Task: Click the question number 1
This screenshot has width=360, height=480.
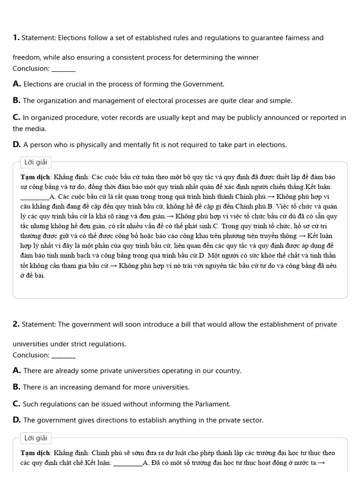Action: click(16, 37)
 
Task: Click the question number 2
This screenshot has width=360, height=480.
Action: click(16, 324)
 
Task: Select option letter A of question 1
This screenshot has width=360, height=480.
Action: click(17, 84)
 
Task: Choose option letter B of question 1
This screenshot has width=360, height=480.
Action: click(16, 100)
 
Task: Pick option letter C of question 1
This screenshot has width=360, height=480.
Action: click(16, 118)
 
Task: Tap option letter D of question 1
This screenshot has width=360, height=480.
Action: click(17, 144)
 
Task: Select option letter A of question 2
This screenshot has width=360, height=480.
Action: click(17, 371)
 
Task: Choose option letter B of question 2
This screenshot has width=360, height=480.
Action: click(16, 387)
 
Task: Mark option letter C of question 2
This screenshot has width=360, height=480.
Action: click(16, 404)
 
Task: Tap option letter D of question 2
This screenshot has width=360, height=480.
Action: click(17, 420)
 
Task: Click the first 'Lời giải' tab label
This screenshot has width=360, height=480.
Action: click(36, 162)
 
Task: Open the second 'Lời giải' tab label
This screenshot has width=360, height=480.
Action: click(36, 438)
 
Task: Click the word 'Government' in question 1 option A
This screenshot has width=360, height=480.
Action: click(203, 84)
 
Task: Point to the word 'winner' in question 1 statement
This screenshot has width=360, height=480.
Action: click(247, 58)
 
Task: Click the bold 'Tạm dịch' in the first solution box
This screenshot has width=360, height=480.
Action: click(36, 177)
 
